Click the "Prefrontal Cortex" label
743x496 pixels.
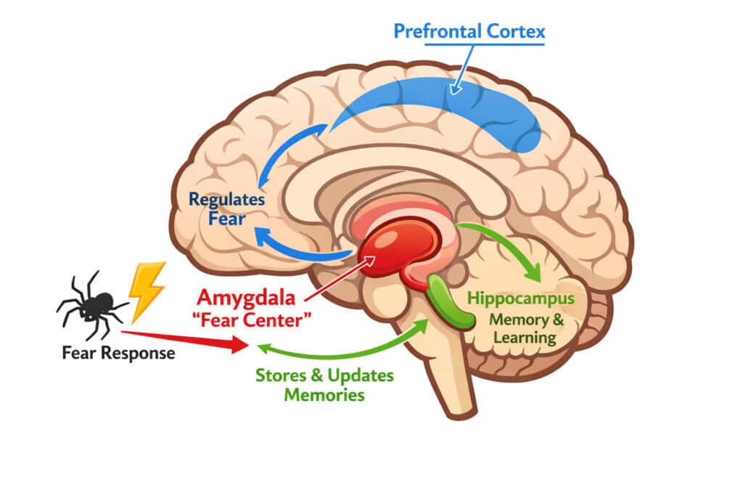(x=469, y=31)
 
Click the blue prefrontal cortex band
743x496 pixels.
(x=450, y=109)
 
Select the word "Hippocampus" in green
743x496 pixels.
(x=521, y=298)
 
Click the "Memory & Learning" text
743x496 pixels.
(x=522, y=328)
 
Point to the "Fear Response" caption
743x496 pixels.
(x=118, y=354)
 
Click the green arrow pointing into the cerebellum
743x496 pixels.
(x=508, y=243)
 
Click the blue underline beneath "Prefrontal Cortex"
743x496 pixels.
(x=484, y=44)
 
